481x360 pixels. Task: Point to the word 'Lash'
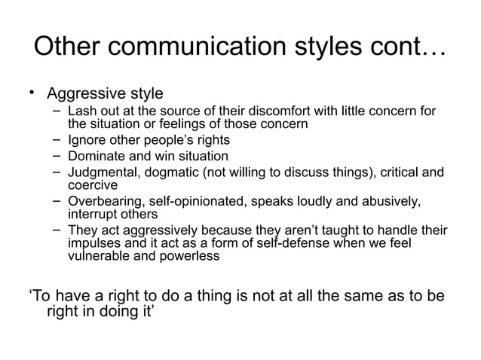click(81, 112)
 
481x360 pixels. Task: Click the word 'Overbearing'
click(106, 201)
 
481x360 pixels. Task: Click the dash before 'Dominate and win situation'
click(58, 155)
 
